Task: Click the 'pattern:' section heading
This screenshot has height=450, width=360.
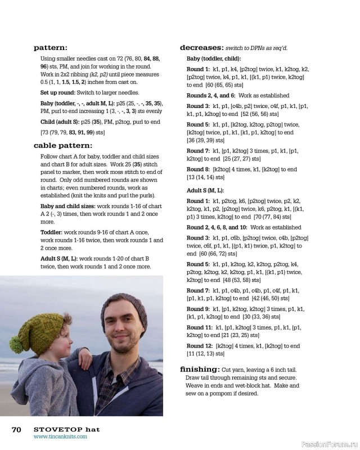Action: point(50,48)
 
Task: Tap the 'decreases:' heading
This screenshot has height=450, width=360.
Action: point(201,48)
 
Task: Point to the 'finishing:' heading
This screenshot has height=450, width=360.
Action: point(199,370)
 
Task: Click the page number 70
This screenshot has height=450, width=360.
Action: point(16,429)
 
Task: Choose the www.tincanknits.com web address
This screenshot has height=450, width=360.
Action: point(60,436)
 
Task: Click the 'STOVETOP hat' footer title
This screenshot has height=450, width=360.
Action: point(66,429)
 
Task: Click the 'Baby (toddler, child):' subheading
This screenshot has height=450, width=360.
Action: point(214,58)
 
